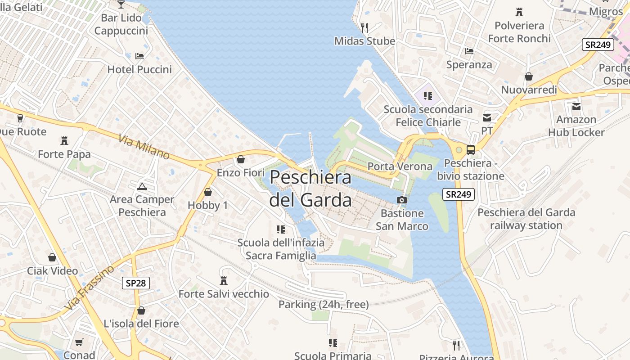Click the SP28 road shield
coord(135,283)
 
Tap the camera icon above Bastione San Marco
coord(402,200)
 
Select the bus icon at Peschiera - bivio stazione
coord(471,150)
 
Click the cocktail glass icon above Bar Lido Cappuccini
coord(121,4)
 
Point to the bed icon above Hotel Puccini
coord(139,56)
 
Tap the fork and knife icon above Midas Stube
coord(364,28)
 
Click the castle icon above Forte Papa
coord(64,141)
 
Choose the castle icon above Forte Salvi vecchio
coord(223,281)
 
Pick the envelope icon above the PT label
coord(487,118)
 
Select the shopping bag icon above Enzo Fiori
coord(241,159)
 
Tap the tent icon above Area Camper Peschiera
coord(142,186)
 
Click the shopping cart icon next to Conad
coord(79,342)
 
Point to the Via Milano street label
coord(144,146)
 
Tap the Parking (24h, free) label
coord(324,305)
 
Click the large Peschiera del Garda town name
coord(310,188)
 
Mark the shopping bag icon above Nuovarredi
coord(529,76)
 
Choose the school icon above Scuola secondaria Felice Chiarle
coord(427,95)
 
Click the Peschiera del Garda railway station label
coord(526,219)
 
